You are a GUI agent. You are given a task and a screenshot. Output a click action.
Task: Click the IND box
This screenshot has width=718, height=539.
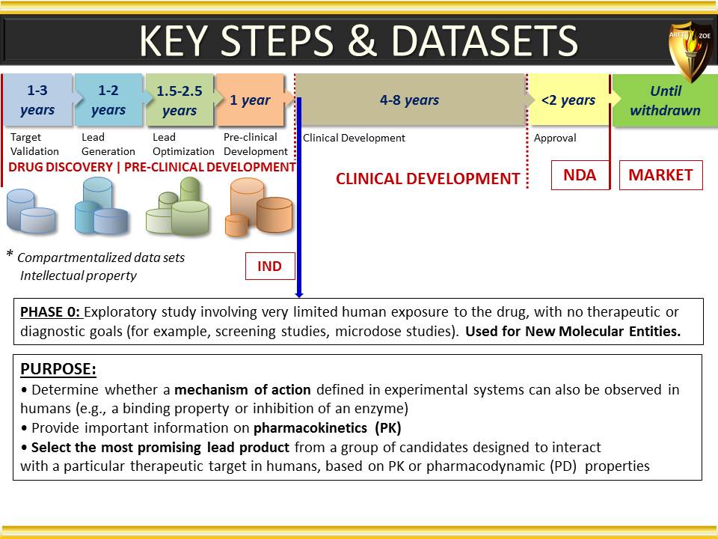pos(270,266)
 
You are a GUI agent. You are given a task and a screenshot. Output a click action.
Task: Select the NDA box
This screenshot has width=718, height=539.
pos(580,175)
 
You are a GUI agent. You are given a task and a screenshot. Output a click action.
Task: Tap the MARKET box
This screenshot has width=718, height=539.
pos(660,175)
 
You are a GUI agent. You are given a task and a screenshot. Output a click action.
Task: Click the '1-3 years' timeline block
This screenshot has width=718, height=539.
pos(37,100)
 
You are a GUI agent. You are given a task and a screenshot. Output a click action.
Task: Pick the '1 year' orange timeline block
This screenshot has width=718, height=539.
pos(251,100)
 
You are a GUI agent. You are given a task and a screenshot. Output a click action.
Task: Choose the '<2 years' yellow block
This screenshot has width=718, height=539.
pos(569,100)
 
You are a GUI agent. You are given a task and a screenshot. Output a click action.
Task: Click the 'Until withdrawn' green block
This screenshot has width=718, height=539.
pos(665,100)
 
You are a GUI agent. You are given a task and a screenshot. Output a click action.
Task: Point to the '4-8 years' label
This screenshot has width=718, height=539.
pos(409,100)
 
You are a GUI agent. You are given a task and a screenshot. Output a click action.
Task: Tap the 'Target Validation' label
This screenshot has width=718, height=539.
pos(34,144)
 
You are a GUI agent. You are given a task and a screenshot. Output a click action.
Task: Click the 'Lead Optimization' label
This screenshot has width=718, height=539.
pos(183,144)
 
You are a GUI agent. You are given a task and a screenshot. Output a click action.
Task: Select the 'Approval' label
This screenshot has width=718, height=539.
pos(555,138)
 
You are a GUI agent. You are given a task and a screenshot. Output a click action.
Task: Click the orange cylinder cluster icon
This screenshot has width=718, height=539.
pos(259,207)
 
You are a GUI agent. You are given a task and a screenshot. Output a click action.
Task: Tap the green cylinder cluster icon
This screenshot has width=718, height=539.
pos(178,207)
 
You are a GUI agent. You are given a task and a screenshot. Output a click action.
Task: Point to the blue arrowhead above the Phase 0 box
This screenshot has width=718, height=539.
pos(299,294)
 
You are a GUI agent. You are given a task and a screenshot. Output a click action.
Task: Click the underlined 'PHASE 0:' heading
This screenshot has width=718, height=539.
pos(51,312)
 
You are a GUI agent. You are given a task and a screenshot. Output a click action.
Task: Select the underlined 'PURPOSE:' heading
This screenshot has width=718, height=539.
pos(58,369)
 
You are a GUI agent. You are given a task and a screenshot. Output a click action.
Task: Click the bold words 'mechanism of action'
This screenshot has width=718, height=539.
pos(242,389)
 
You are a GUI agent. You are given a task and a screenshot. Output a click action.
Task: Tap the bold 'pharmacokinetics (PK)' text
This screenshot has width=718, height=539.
pos(328,428)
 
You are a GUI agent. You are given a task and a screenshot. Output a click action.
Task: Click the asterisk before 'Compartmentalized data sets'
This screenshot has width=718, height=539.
pos(10,254)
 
